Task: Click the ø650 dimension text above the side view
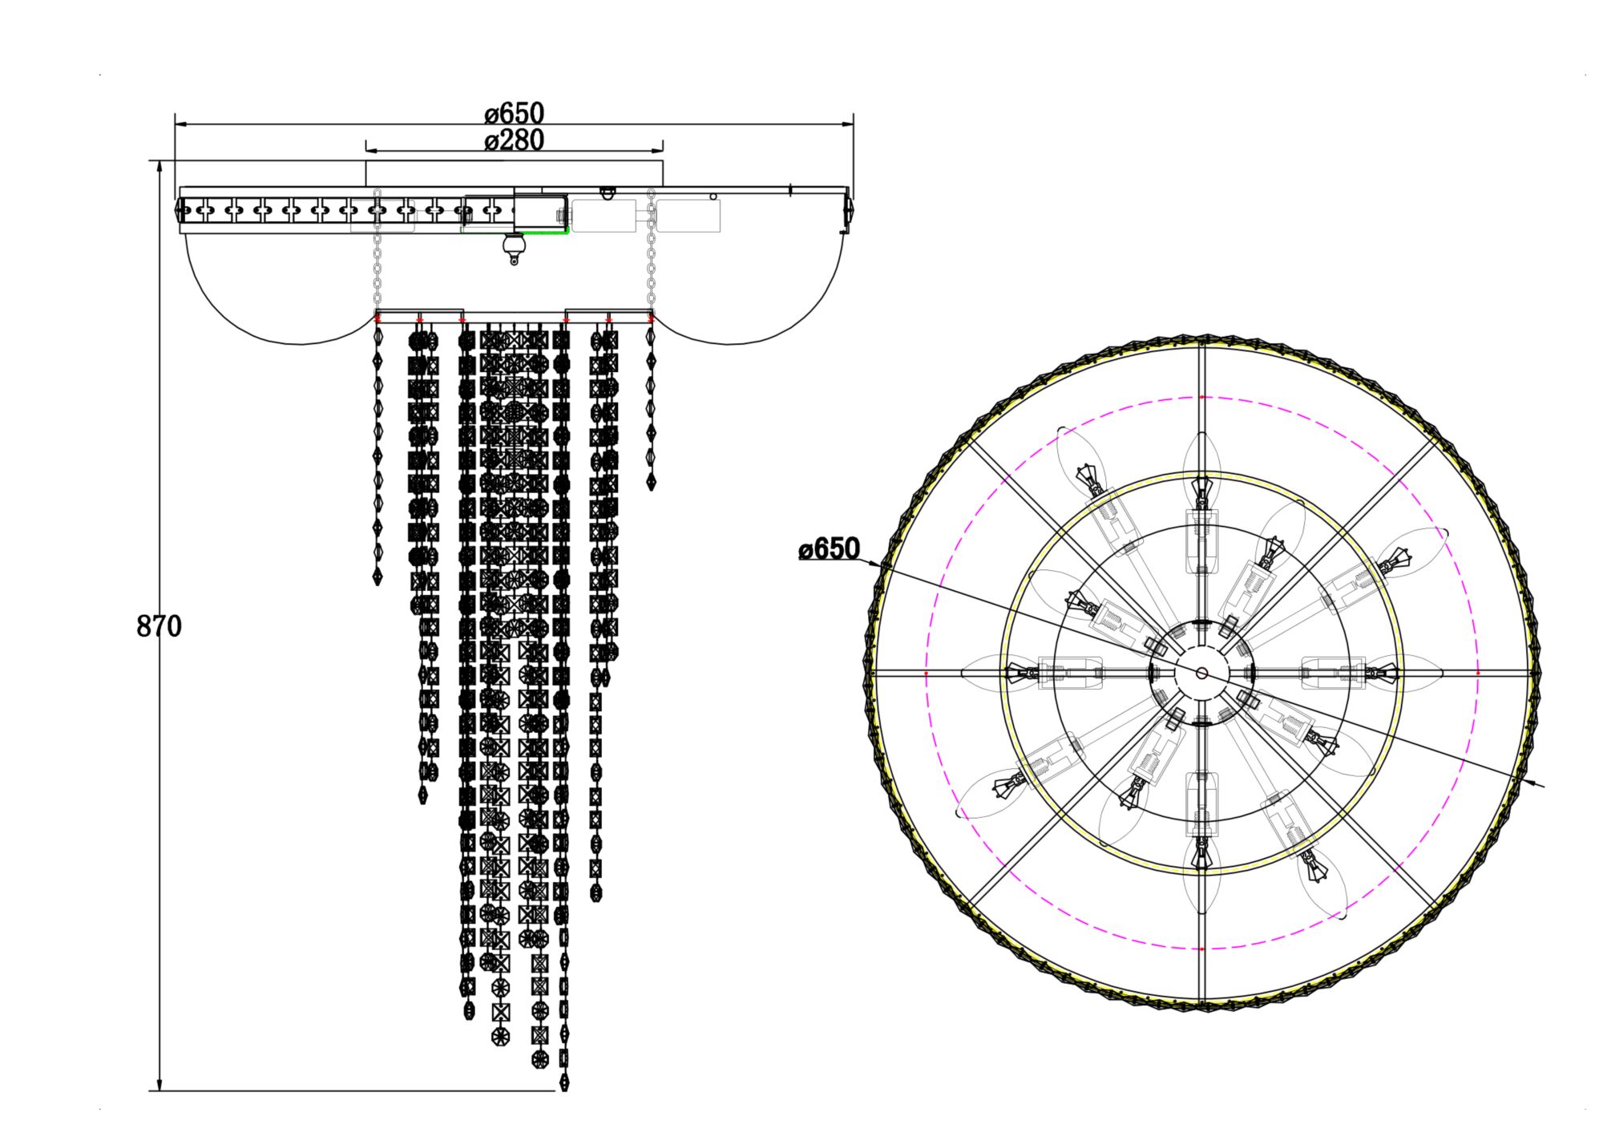coord(514,113)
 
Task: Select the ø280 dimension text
coord(514,140)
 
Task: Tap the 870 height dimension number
coord(159,626)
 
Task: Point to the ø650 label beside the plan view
coord(830,549)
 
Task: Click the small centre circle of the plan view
coord(1201,673)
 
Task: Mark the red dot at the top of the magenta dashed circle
coord(1201,397)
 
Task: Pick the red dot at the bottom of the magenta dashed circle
coord(1201,949)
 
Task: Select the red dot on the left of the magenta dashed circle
coord(926,674)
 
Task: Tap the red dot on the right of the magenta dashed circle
coord(1478,674)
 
